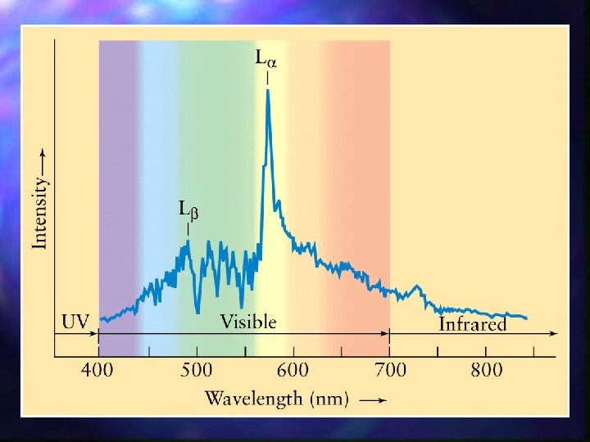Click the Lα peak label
[x=266, y=59]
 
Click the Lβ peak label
[x=188, y=210]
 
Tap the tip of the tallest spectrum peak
[x=268, y=91]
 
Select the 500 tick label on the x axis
[x=196, y=370]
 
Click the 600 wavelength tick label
[x=293, y=370]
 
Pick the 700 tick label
[x=389, y=370]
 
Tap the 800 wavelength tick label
[x=486, y=370]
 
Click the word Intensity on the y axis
[x=39, y=214]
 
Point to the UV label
[x=75, y=322]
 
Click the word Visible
[x=247, y=322]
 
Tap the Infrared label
[x=473, y=324]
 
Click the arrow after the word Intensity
[x=40, y=161]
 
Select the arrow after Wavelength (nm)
[x=373, y=400]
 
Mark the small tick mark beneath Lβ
[x=188, y=229]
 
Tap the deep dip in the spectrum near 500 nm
[x=197, y=310]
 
